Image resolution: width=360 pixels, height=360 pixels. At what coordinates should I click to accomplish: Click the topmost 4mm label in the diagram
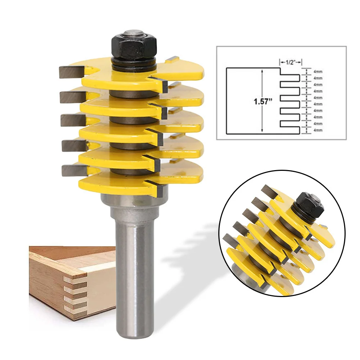tap(318, 71)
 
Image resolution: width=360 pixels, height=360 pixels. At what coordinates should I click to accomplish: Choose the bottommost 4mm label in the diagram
tap(318, 130)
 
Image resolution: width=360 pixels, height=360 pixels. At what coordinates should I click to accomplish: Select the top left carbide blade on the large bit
tap(70, 72)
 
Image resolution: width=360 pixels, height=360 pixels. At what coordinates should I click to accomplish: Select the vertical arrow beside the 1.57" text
tap(263, 101)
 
